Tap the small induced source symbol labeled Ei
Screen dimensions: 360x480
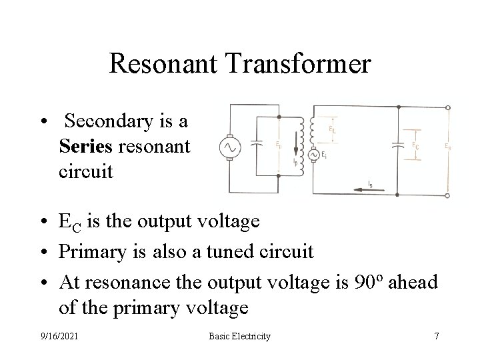pyautogui.click(x=311, y=155)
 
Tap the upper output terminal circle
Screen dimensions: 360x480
pyautogui.click(x=456, y=107)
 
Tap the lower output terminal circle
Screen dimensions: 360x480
pyautogui.click(x=456, y=195)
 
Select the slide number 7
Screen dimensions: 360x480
pyautogui.click(x=436, y=336)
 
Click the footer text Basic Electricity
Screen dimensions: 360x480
pyautogui.click(x=239, y=336)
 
